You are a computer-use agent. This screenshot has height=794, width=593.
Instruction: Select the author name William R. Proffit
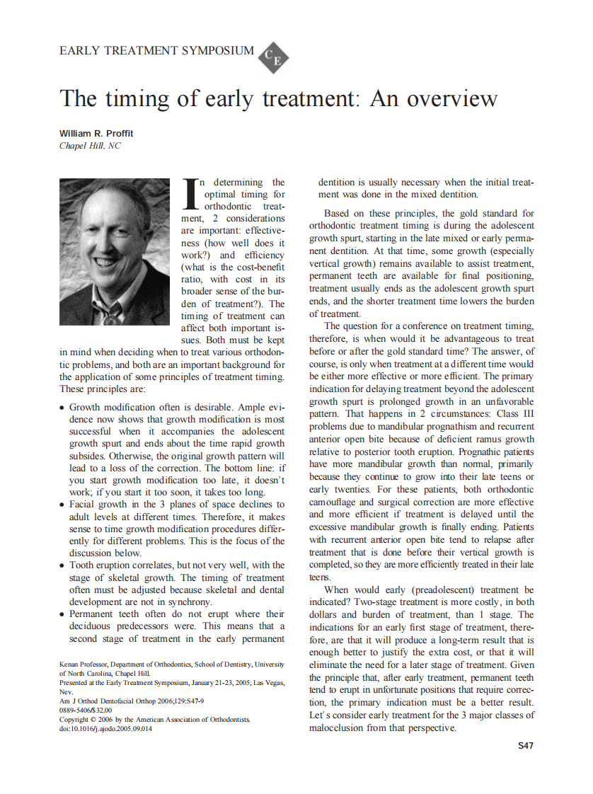pyautogui.click(x=96, y=134)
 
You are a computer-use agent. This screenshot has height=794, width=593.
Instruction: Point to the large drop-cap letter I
pyautogui.click(x=190, y=193)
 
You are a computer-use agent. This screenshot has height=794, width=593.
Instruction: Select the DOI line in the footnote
pyautogui.click(x=105, y=729)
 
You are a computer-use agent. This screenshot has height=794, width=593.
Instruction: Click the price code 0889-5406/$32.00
pyautogui.click(x=86, y=710)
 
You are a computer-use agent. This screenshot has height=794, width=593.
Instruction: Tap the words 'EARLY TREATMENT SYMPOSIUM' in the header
pyautogui.click(x=156, y=51)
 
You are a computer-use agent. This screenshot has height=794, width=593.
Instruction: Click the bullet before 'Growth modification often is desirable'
pyautogui.click(x=63, y=408)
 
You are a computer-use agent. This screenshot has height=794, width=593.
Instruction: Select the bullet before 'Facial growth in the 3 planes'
pyautogui.click(x=63, y=505)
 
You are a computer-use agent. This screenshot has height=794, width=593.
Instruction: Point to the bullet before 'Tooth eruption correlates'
pyautogui.click(x=63, y=565)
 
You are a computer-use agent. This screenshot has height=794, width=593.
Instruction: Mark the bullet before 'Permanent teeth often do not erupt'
pyautogui.click(x=63, y=614)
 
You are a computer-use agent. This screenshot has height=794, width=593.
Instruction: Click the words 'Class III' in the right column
pyautogui.click(x=515, y=415)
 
